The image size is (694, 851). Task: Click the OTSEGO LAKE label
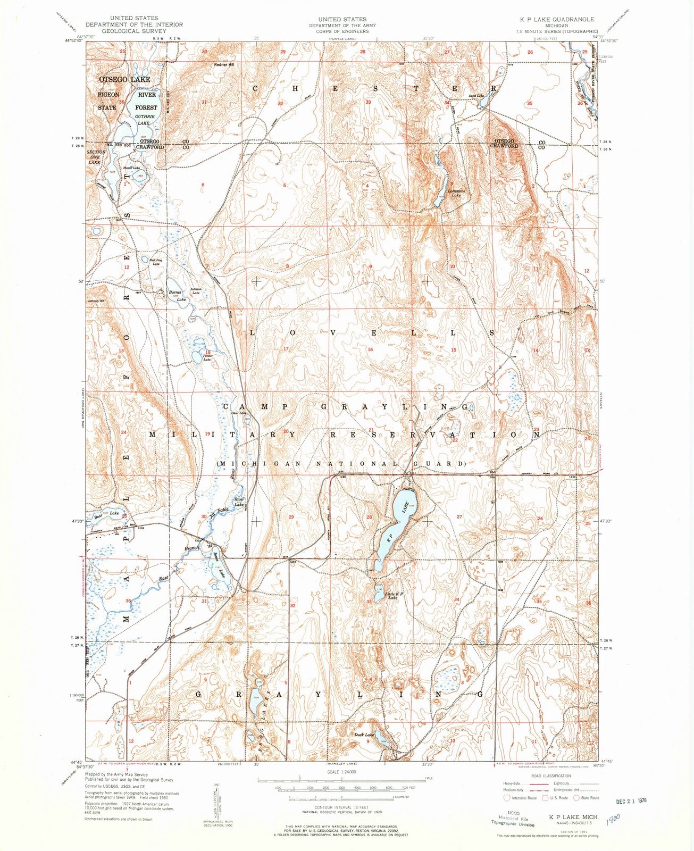124,79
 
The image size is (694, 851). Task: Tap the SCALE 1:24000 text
341,771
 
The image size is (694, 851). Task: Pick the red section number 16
370,349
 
